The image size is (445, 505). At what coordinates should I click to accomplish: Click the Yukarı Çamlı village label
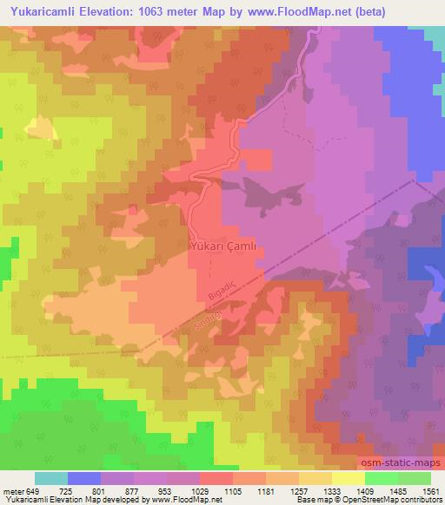tap(222, 246)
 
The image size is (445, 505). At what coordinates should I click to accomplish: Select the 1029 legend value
tap(198, 491)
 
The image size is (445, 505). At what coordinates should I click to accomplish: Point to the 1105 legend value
tap(231, 491)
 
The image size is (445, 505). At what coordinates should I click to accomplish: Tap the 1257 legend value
tap(297, 491)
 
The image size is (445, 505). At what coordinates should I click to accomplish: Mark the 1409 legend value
tap(363, 491)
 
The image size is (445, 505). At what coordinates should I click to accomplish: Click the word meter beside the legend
tap(13, 491)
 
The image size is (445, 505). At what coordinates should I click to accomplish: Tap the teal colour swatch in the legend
tap(51, 478)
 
